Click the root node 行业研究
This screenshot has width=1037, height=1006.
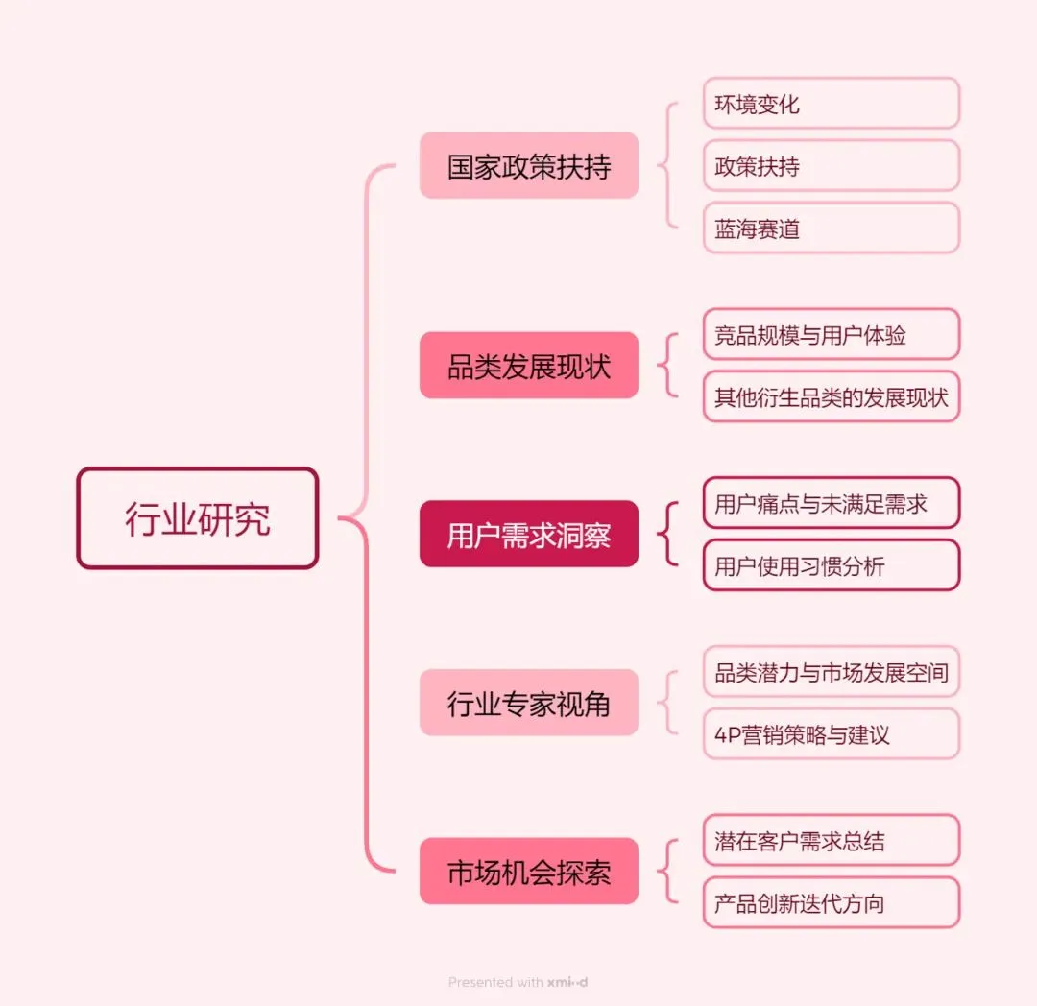tap(197, 518)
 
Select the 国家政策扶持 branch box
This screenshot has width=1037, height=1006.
tap(528, 166)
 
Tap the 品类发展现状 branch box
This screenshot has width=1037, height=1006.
tap(528, 366)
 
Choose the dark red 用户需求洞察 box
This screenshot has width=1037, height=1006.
tap(528, 534)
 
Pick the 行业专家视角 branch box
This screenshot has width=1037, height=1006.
tap(528, 703)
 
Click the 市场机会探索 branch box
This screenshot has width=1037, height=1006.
tap(528, 872)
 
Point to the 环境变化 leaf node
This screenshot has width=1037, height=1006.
tap(831, 104)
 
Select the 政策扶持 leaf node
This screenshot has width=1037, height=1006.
tap(831, 166)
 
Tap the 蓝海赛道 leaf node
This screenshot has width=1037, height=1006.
tap(831, 228)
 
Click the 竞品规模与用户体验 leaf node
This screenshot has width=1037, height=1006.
tap(831, 334)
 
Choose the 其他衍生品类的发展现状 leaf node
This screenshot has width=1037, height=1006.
tap(831, 396)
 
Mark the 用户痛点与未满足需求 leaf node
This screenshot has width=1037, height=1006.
tap(831, 503)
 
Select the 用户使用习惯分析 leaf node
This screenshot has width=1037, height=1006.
tap(831, 565)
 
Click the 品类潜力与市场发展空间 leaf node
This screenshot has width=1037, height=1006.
tap(831, 672)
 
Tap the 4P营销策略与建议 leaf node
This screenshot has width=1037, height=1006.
tap(831, 734)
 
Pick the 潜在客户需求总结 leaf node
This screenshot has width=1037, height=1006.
tap(831, 841)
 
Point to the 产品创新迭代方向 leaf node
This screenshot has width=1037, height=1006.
tap(831, 903)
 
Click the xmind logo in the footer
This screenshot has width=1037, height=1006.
tap(567, 982)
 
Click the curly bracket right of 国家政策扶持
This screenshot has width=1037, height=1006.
tap(666, 166)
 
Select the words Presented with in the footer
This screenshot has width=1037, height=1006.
tap(495, 982)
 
